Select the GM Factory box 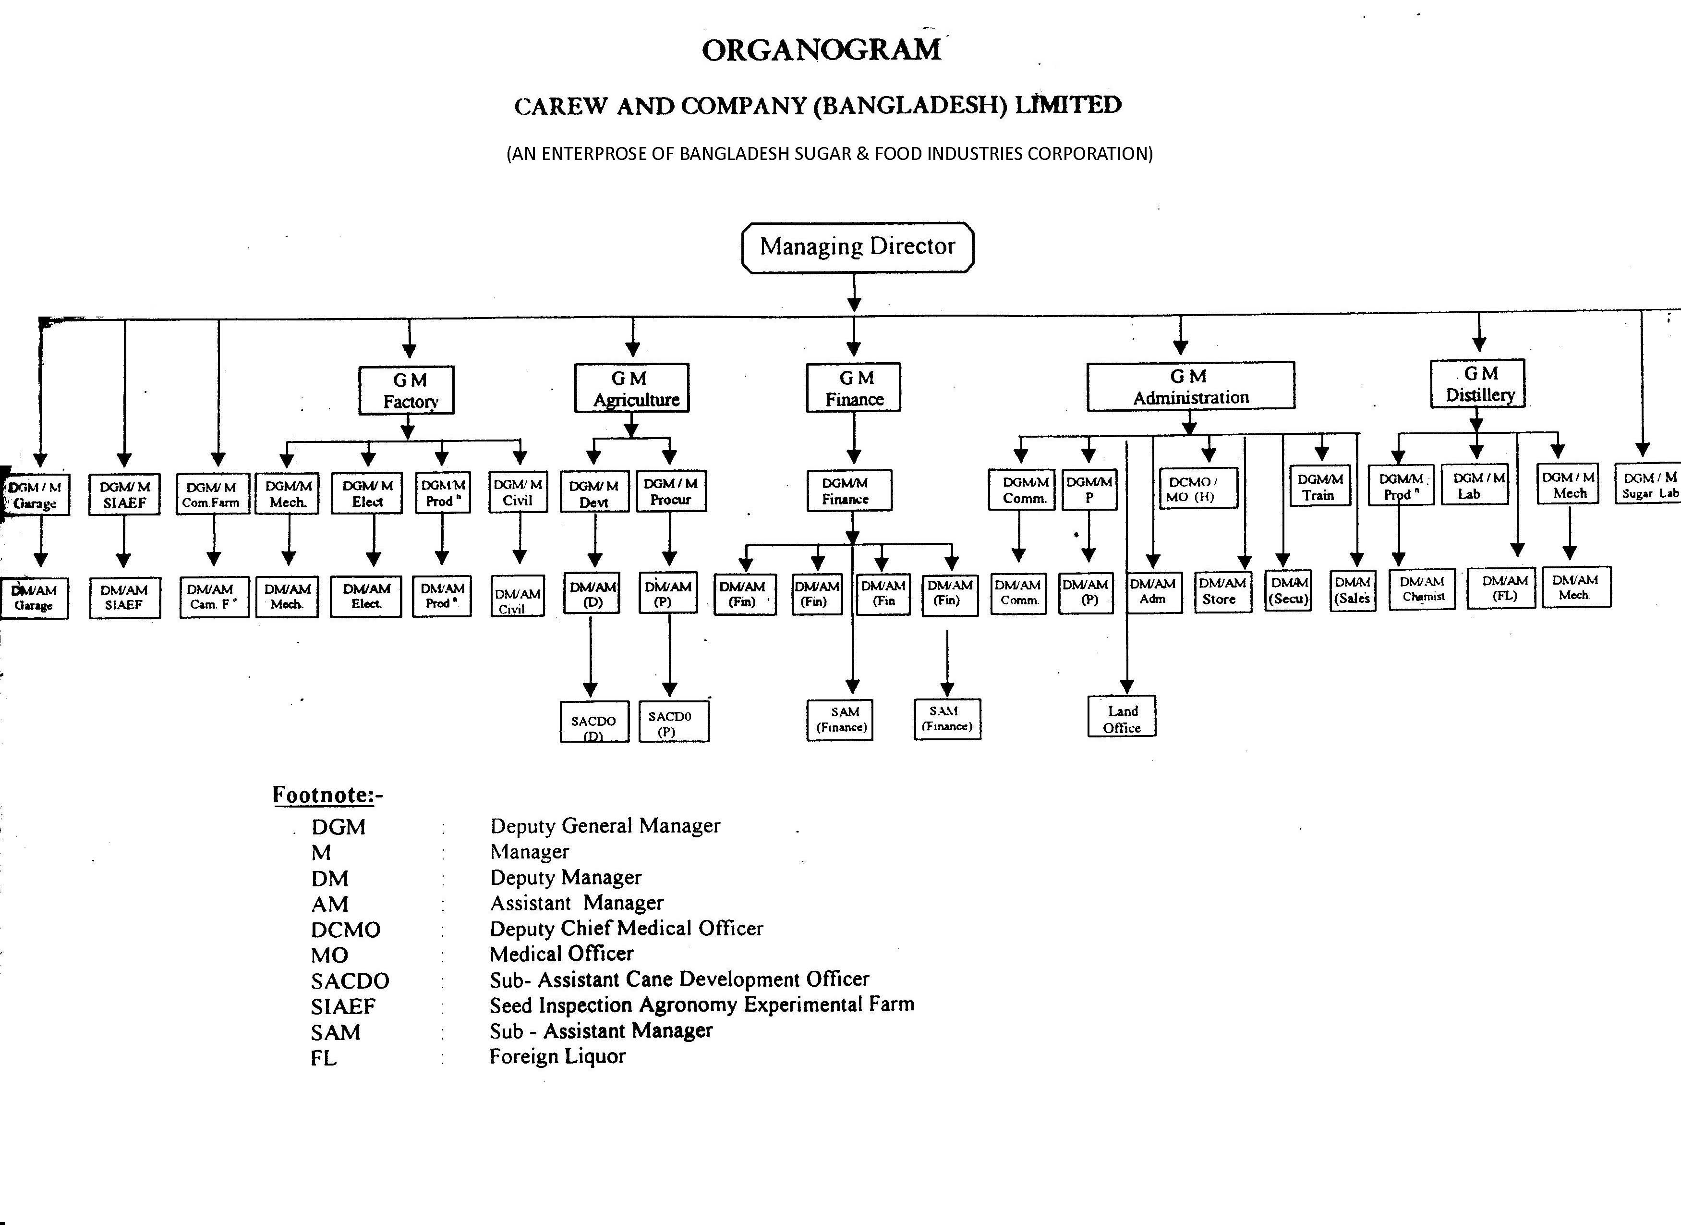406,390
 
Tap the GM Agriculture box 631,388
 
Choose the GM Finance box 854,388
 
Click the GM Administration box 1190,386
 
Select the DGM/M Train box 1319,487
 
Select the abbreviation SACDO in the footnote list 350,981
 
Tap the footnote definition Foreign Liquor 557,1056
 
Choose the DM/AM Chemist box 1422,589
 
